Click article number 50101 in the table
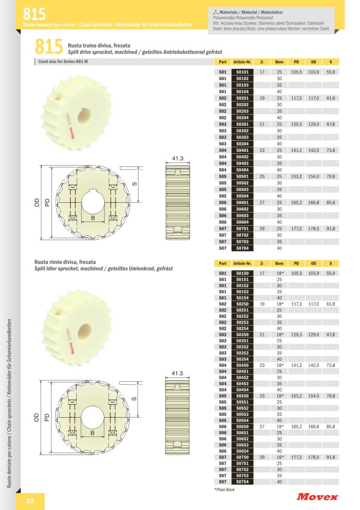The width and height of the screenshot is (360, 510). click(242, 72)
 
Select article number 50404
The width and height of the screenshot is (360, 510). click(242, 170)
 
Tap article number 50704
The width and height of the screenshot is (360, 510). click(242, 248)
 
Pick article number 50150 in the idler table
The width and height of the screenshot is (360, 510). click(242, 273)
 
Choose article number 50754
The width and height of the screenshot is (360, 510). click(242, 482)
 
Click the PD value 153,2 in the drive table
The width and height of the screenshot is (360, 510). click(296, 176)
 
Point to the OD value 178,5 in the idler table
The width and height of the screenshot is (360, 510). click(313, 457)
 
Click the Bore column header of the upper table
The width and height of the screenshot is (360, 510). click(279, 62)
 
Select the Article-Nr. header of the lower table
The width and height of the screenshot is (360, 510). click(242, 263)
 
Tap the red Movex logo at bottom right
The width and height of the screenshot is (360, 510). click(317, 496)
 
